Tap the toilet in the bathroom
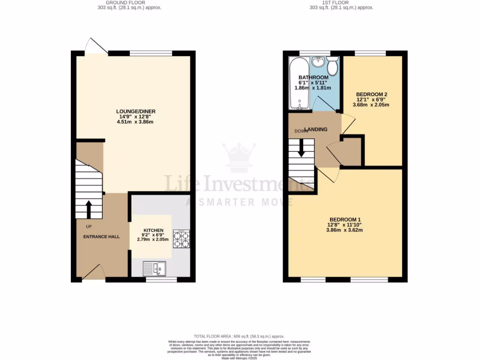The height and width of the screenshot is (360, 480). tap(333, 67)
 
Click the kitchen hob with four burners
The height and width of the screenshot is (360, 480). tap(181, 239)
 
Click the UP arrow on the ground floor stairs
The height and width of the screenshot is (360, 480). tap(88, 209)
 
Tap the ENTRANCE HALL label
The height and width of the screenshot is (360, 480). tap(101, 237)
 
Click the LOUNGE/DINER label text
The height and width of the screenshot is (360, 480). tap(136, 111)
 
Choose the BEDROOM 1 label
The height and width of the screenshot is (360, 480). tap(345, 219)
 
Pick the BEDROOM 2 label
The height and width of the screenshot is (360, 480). tap(371, 94)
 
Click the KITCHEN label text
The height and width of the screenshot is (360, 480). tap(153, 230)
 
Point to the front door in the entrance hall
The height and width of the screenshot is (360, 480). tap(93, 273)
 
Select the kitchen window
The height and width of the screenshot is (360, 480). tap(161, 279)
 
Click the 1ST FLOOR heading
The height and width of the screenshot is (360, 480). tap(335, 3)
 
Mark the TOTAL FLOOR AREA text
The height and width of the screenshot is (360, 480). tap(239, 337)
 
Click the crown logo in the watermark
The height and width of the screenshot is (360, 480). tap(239, 157)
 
